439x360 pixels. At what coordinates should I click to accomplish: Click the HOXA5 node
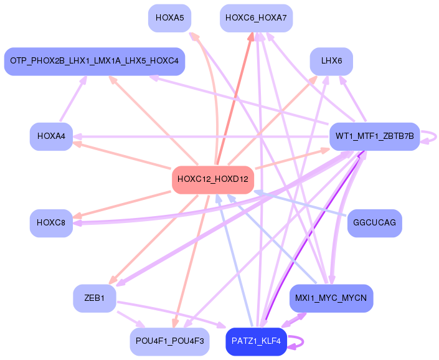[x=169, y=18]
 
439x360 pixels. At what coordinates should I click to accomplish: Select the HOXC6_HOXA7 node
[x=256, y=18]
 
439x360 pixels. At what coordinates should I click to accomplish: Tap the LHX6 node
[x=331, y=62]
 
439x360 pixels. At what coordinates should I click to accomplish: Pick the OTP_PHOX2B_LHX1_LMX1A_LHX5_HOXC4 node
[x=95, y=61]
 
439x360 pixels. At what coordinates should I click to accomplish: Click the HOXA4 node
[x=51, y=136]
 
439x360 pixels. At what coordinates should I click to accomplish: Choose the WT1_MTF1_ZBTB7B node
[x=374, y=136]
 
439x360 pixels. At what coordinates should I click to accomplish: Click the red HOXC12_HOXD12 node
[x=213, y=179]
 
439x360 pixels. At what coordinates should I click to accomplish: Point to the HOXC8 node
[x=51, y=223]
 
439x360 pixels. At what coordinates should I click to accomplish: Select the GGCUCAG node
[x=374, y=223]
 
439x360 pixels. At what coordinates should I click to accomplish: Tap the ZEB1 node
[x=95, y=298]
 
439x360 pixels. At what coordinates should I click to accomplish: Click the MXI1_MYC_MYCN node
[x=331, y=298]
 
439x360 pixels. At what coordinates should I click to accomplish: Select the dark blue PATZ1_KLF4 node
[x=256, y=342]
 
